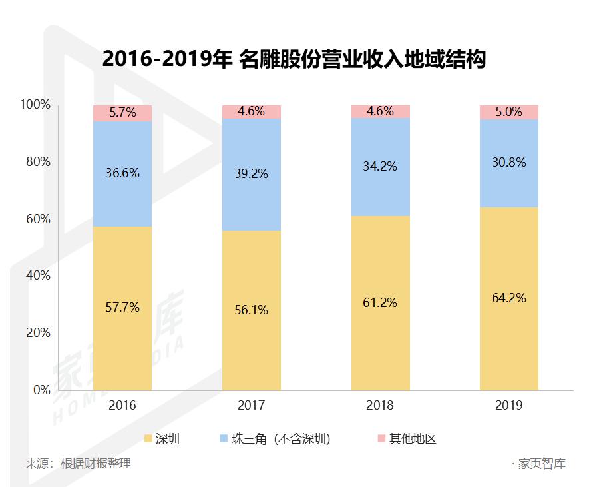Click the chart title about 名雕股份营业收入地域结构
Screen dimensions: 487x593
click(x=294, y=60)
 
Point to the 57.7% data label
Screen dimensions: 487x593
click(x=122, y=308)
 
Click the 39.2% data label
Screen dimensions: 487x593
click(x=252, y=173)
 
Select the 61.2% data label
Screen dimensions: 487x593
click(x=381, y=302)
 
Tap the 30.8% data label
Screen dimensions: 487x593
click(x=509, y=162)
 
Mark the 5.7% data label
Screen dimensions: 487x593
click(x=122, y=113)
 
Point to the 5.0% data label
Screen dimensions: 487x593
click(x=509, y=112)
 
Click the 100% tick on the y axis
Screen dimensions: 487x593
click(x=35, y=105)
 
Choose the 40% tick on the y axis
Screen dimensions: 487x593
click(x=38, y=276)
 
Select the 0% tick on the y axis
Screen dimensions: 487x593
click(x=41, y=390)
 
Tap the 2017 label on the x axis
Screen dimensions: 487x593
click(x=252, y=406)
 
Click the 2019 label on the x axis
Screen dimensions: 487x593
click(x=509, y=406)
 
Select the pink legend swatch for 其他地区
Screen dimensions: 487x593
click(x=381, y=439)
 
